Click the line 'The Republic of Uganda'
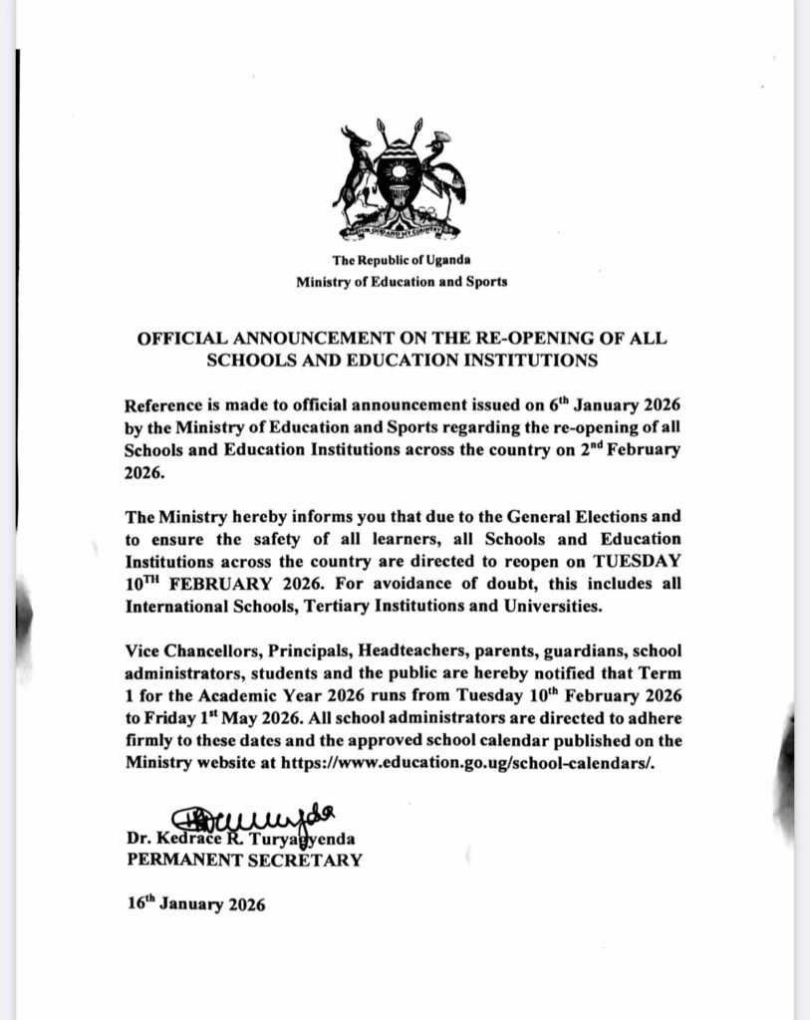coord(401,260)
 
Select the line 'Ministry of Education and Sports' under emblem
coord(401,282)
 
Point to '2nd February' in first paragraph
coord(623,447)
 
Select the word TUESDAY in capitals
coord(635,559)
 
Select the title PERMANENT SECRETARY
coord(244,860)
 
